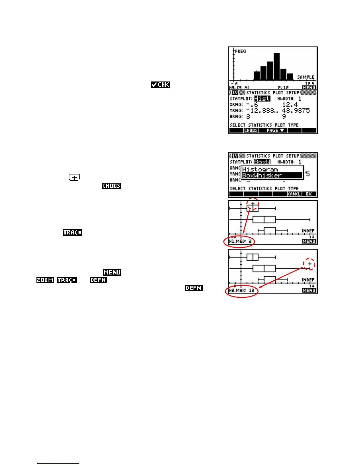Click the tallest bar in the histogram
tap(276, 66)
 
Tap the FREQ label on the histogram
tap(241, 51)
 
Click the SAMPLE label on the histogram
tap(306, 77)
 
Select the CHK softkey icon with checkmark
tap(161, 85)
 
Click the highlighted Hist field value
tap(262, 99)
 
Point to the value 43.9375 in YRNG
tap(296, 111)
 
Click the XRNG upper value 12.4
tap(290, 105)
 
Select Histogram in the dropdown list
tap(260, 169)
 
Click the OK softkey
tap(309, 194)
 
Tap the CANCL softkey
tap(294, 194)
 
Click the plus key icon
tap(74, 177)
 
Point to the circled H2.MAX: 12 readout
tap(241, 291)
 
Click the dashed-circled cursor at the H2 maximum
tap(309, 264)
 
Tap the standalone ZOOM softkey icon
tap(45, 280)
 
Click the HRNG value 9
tap(284, 116)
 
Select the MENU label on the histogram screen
tap(309, 87)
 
